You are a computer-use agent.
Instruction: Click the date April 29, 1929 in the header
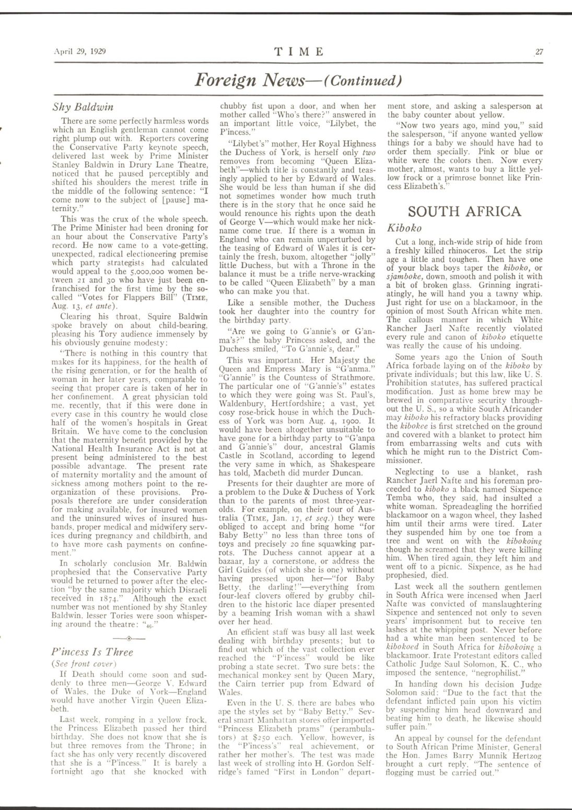click(80, 51)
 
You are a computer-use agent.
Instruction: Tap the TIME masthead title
click(299, 51)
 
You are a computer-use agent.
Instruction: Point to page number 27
click(539, 51)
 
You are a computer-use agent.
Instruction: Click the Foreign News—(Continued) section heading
click(298, 80)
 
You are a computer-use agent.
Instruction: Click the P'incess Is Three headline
click(92, 652)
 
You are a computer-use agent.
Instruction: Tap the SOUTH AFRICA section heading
click(464, 211)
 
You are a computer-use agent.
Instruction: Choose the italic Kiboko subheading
click(405, 228)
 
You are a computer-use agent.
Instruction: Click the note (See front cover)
click(80, 664)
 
